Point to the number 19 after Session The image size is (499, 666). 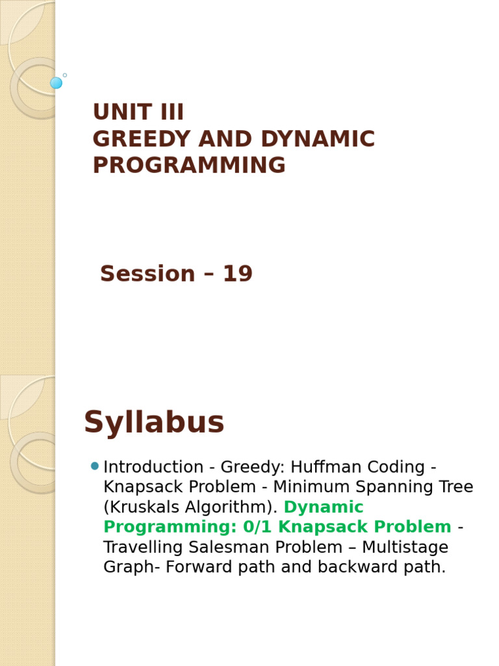coord(237,274)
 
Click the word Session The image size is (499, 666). coord(147,274)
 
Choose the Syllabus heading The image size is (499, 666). coord(154,423)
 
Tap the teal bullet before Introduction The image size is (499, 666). coord(95,466)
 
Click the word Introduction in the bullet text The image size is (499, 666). coord(153,467)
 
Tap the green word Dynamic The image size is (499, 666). coord(324,507)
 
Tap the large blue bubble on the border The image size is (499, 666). coord(57,83)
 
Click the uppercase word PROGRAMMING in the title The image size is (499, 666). coord(189,166)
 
